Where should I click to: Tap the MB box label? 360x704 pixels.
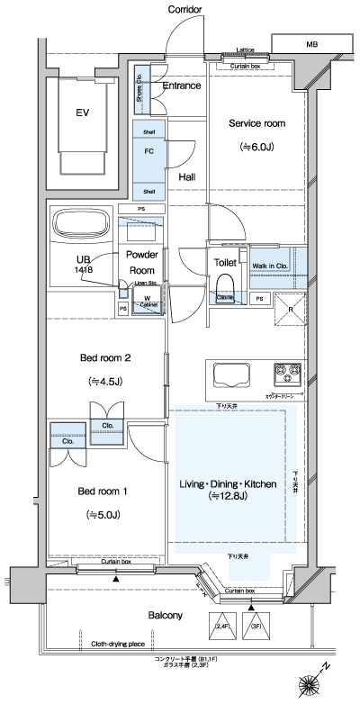pyautogui.click(x=310, y=43)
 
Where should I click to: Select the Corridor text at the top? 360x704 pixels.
pyautogui.click(x=184, y=9)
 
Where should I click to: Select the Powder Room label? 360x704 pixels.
pyautogui.click(x=141, y=262)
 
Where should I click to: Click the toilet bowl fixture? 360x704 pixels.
pyautogui.click(x=226, y=290)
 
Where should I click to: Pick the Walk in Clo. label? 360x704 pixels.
pyautogui.click(x=270, y=266)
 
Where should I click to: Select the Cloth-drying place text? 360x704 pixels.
pyautogui.click(x=119, y=644)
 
